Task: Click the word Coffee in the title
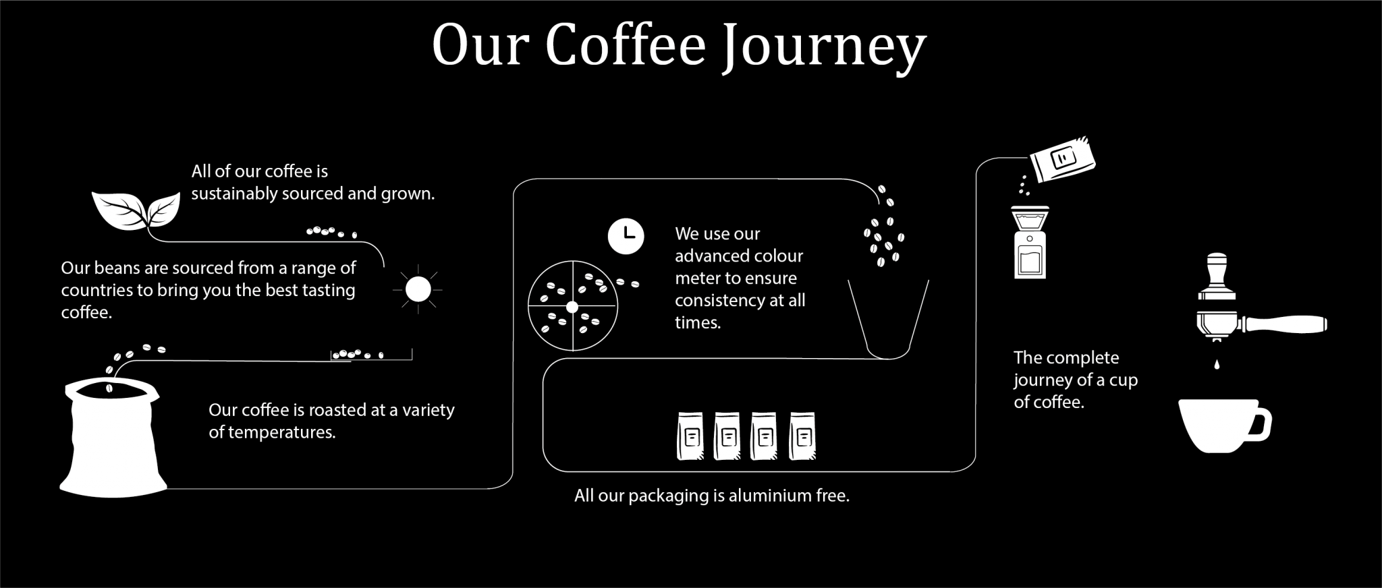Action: [x=625, y=46]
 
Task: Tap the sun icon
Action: [x=418, y=289]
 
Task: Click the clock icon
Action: [x=626, y=236]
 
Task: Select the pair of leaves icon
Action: [x=136, y=210]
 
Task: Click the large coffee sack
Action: [x=113, y=438]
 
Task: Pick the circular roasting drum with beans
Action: [x=572, y=306]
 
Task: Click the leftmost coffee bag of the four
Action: [x=690, y=436]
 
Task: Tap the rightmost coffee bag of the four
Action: [x=802, y=436]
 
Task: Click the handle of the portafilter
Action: [x=1286, y=324]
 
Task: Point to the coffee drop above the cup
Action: [x=1217, y=365]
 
